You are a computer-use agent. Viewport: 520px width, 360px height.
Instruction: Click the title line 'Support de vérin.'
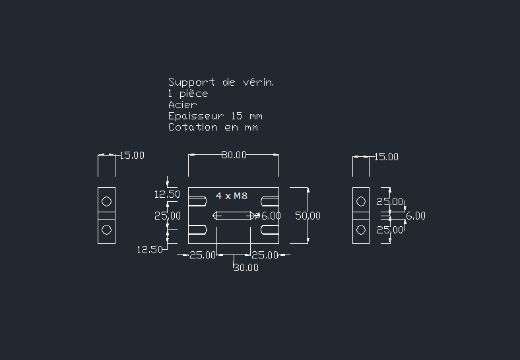(x=220, y=82)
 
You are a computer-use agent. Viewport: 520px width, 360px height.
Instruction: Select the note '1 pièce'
(x=188, y=94)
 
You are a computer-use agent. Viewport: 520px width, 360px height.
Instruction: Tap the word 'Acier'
(x=182, y=105)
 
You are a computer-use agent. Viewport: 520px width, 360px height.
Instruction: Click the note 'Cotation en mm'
(x=212, y=127)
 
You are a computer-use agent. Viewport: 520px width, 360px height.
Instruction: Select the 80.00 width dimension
(x=234, y=155)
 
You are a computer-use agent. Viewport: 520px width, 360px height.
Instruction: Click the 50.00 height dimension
(x=308, y=216)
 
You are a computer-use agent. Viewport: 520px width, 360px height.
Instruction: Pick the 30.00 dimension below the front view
(x=245, y=268)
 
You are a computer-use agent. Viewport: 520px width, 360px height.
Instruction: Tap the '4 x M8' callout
(x=232, y=196)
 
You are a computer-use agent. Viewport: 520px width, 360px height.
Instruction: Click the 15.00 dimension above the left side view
(x=131, y=156)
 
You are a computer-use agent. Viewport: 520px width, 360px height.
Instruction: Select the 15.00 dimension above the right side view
(x=386, y=157)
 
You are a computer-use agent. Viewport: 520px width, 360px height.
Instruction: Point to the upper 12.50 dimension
(x=167, y=195)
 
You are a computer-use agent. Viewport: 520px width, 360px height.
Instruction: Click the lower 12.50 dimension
(x=150, y=249)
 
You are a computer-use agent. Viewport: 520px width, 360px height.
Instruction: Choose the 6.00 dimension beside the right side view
(x=415, y=216)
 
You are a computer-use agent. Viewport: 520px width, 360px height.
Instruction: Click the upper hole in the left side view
(x=106, y=201)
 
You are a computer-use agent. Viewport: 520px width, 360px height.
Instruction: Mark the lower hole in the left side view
(x=106, y=229)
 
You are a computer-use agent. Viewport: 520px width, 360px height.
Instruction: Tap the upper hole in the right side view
(x=360, y=201)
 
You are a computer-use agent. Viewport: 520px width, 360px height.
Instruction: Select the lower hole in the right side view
(x=360, y=229)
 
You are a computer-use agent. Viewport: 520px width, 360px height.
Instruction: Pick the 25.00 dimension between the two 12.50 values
(x=168, y=216)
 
